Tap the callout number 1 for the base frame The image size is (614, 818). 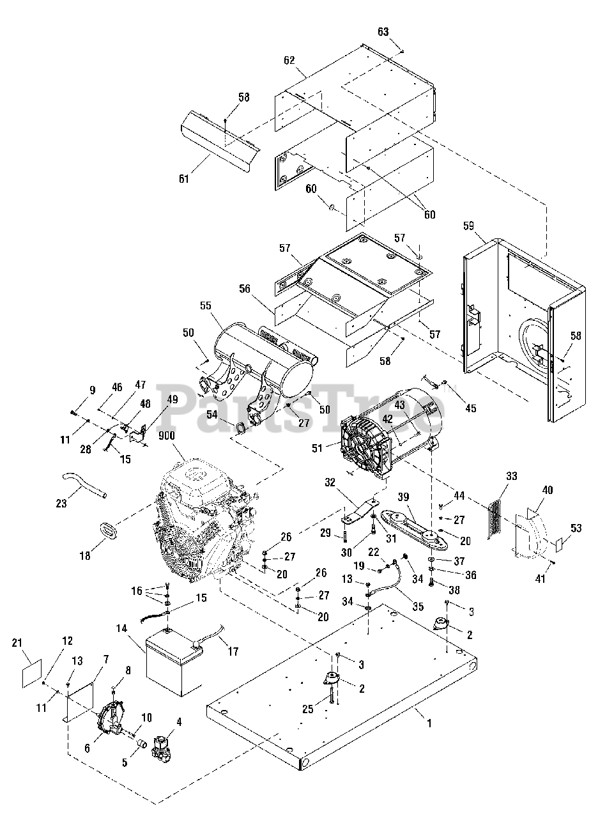coord(429,724)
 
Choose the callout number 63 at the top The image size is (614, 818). coord(401,31)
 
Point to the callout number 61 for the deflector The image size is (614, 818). coord(184,179)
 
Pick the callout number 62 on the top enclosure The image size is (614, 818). coord(289,61)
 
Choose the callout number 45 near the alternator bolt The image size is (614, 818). coord(471,408)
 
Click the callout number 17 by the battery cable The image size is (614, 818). coord(233,652)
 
